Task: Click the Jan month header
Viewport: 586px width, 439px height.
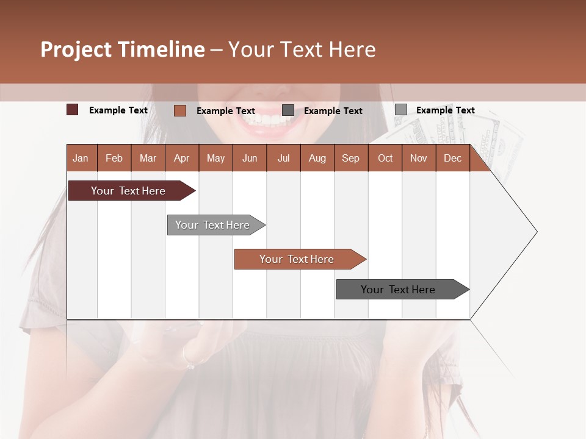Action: (x=81, y=158)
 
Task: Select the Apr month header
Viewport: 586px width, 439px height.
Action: (x=181, y=158)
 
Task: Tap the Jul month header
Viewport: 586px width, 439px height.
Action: (x=283, y=158)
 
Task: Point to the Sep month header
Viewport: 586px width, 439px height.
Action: (x=350, y=158)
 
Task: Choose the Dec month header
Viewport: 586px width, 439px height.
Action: (x=452, y=158)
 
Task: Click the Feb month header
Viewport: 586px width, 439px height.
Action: (x=114, y=158)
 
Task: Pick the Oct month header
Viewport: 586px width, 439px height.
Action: (x=385, y=158)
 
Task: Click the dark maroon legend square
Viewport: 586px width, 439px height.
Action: (x=72, y=110)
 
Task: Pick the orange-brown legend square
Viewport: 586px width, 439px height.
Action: (x=179, y=110)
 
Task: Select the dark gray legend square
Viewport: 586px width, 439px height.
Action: (x=288, y=110)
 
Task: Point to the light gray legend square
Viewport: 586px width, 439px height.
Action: (x=400, y=110)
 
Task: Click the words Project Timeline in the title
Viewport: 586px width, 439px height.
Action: (x=122, y=49)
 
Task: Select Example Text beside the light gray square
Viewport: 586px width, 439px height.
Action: (x=445, y=110)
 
